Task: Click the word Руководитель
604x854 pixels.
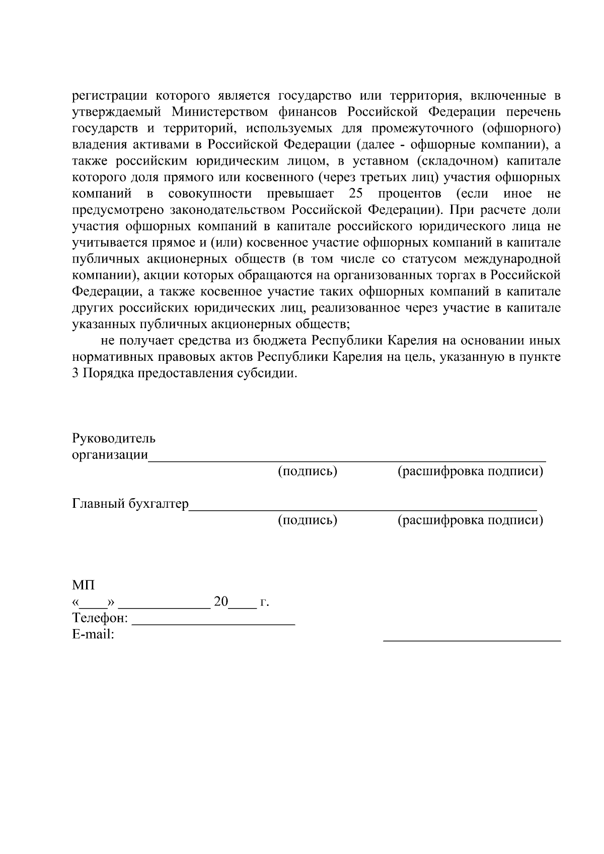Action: coord(114,438)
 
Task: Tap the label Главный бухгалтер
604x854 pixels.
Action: coord(130,504)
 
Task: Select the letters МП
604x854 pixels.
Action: coord(83,585)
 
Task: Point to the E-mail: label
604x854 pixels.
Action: coord(94,634)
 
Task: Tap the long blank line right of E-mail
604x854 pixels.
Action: coord(472,639)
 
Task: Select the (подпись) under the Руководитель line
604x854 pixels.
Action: coord(308,472)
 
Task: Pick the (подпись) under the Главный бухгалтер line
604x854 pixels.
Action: coord(308,520)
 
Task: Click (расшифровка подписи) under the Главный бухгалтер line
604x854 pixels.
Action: coord(471,520)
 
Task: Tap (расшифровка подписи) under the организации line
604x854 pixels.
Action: coord(471,472)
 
